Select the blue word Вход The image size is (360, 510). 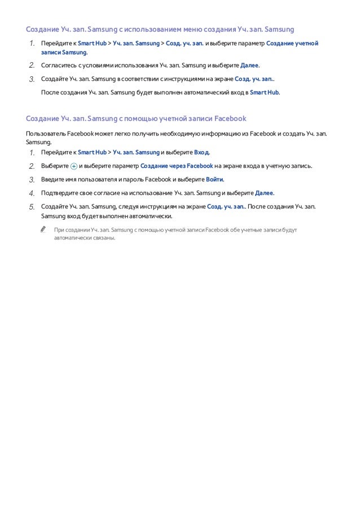[x=201, y=152]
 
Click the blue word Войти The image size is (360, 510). [x=214, y=180]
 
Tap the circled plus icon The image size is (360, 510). [x=74, y=166]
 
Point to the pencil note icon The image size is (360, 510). [x=43, y=230]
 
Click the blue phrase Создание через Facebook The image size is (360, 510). [x=177, y=166]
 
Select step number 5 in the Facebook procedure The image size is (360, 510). [x=32, y=207]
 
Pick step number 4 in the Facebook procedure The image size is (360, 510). [x=32, y=193]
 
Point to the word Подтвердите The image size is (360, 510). [x=58, y=193]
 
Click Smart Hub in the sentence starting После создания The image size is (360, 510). [x=264, y=92]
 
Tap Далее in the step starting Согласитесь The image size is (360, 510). [x=249, y=65]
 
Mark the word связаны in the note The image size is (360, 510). [x=103, y=238]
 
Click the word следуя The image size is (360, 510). [x=129, y=207]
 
